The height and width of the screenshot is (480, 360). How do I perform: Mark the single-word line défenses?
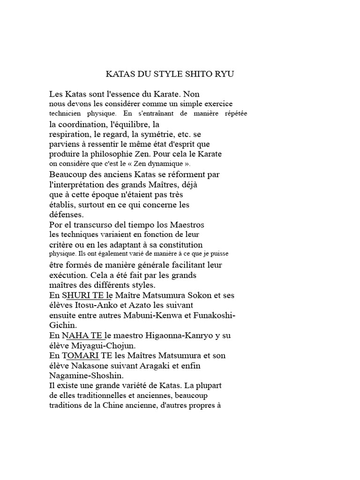coord(66,215)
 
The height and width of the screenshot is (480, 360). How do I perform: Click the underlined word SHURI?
coord(76,296)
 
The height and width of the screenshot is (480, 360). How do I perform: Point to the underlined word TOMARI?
coord(80,355)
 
